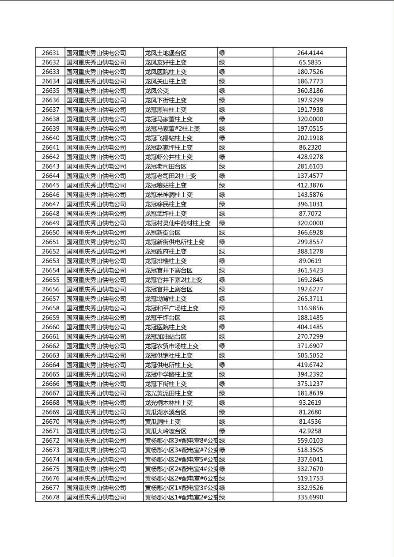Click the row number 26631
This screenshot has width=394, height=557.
50,53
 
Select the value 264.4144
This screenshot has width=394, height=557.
310,53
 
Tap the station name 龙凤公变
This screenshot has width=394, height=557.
157,91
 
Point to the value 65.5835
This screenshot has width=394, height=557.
310,63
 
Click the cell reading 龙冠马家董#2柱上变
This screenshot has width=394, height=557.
172,128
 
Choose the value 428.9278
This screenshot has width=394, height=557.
310,157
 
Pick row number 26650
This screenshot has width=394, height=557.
50,233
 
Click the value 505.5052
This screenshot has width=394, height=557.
310,355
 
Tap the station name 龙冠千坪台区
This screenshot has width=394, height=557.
163,318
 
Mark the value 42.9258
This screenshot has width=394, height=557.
310,431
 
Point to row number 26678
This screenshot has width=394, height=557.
50,497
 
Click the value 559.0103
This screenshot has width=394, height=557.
310,440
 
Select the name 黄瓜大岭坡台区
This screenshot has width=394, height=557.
166,431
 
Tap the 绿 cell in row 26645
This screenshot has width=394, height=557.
222,185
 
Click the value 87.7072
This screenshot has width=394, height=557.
310,214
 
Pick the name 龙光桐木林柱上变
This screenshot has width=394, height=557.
169,403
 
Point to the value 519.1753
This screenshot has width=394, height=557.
310,478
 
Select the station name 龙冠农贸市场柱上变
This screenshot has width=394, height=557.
172,346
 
